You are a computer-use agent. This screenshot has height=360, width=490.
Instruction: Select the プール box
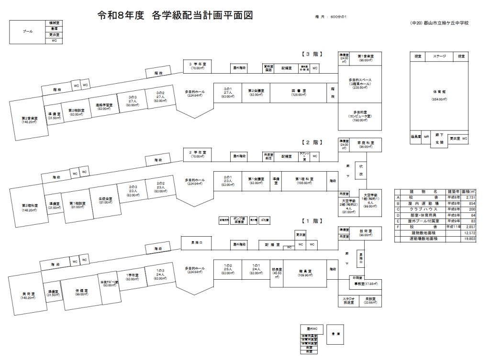[28, 32]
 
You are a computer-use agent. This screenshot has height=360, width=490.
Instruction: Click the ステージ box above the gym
[439, 56]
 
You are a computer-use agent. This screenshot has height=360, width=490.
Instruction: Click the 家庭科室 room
[365, 144]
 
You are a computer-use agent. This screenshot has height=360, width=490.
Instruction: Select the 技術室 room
[365, 232]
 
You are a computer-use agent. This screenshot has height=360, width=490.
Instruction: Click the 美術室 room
[26, 295]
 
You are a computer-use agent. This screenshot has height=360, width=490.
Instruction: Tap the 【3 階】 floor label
[312, 54]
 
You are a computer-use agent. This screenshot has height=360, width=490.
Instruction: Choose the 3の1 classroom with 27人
[227, 92]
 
